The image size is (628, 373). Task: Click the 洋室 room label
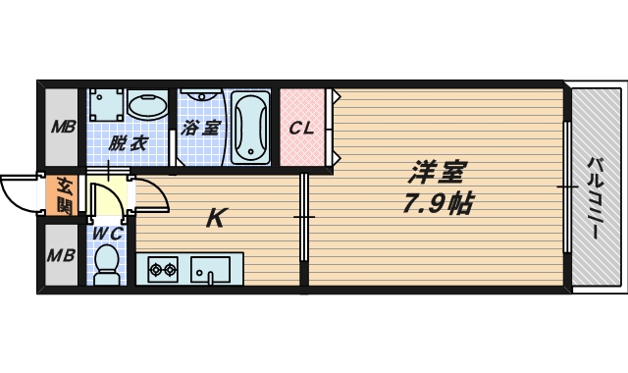point(438,173)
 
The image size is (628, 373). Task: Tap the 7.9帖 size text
point(439,203)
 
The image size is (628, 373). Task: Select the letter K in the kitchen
point(217,218)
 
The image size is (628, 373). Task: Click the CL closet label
point(301,129)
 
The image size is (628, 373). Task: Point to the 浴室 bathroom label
point(200,128)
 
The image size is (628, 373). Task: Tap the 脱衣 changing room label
point(129,143)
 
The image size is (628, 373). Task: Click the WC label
point(107,234)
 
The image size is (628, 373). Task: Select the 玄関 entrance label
point(64,195)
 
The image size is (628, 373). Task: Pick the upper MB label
point(63,128)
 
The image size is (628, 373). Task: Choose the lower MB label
point(61,255)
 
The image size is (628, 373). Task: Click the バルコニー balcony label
point(596,198)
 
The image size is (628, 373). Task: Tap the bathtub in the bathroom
point(251,128)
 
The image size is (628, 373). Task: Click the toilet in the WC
point(107,264)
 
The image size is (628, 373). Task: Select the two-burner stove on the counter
point(163,269)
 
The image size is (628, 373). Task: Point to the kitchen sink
point(210,270)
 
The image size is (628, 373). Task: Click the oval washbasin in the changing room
point(147,105)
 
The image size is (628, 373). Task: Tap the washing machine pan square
point(106,105)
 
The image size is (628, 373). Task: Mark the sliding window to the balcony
point(567,187)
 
